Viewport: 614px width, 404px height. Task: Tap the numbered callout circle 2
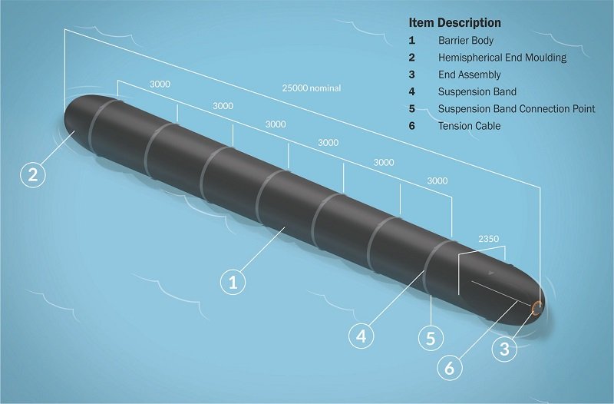tap(32, 174)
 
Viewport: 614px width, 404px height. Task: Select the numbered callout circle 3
tap(503, 349)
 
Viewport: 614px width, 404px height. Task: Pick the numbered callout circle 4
tap(363, 335)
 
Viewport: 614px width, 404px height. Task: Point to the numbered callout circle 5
tap(431, 337)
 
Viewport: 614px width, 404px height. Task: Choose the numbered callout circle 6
tap(450, 367)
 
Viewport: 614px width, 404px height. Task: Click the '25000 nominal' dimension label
tap(312, 88)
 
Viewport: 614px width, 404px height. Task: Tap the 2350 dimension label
tap(488, 239)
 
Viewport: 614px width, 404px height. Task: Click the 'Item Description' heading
tap(454, 23)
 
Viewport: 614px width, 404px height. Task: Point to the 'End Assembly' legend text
tap(469, 75)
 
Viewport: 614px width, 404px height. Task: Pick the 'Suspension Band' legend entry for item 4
tap(477, 92)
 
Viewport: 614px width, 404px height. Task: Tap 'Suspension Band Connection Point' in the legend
tap(516, 109)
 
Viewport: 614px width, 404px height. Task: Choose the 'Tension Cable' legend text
tap(469, 126)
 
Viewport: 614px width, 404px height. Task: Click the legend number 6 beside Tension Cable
tap(412, 126)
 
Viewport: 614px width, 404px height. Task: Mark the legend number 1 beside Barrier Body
tap(412, 40)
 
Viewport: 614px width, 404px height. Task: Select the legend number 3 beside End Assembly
tap(412, 75)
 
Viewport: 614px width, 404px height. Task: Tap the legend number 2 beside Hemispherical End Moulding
tap(412, 58)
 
